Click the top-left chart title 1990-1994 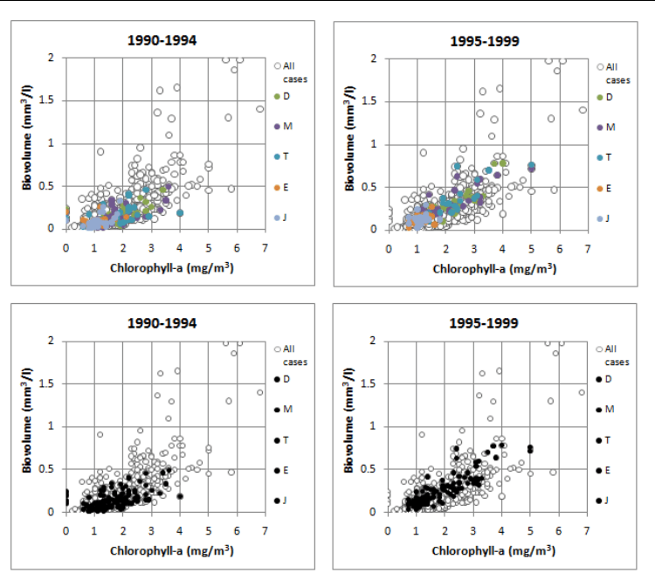pos(163,39)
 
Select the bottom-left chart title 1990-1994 pos(163,322)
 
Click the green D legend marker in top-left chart pos(277,96)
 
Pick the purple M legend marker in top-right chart pos(600,128)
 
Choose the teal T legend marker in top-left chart pos(277,156)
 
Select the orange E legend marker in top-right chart pos(600,188)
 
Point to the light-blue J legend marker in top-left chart pos(277,217)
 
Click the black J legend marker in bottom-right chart pos(600,501)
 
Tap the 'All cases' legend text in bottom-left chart pos(293,355)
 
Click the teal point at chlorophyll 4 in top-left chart pos(180,213)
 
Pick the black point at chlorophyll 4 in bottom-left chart pos(180,496)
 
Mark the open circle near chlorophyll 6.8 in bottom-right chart pos(583,392)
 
